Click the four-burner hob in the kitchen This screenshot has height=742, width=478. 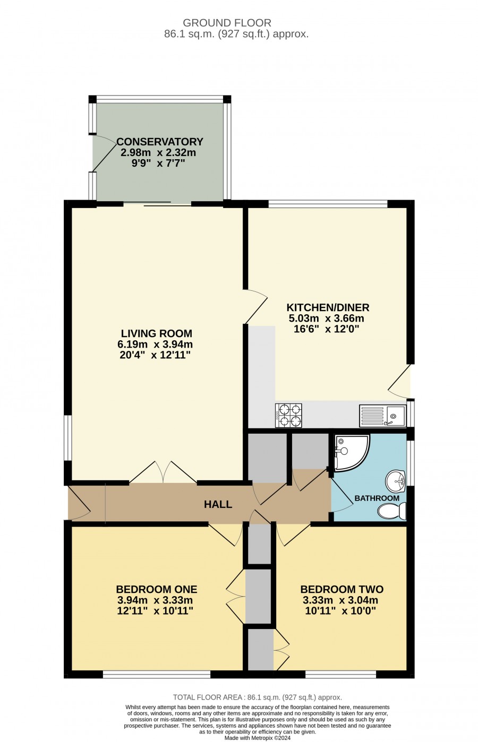pyautogui.click(x=288, y=415)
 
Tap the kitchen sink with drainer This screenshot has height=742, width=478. pyautogui.click(x=382, y=416)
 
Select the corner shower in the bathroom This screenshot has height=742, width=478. pyautogui.click(x=352, y=453)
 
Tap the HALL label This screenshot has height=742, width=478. pyautogui.click(x=218, y=505)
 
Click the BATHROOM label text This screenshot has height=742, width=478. pyautogui.click(x=377, y=498)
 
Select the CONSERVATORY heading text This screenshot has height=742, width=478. pyautogui.click(x=159, y=141)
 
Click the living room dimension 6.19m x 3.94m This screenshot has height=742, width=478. pyautogui.click(x=155, y=344)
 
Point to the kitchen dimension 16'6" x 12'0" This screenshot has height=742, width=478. pyautogui.click(x=327, y=329)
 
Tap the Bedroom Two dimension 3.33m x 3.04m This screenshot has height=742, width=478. pyautogui.click(x=340, y=600)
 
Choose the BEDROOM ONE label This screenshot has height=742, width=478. pyautogui.click(x=157, y=589)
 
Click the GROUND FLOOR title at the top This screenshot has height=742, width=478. pyautogui.click(x=227, y=23)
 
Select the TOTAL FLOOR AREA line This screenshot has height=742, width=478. pyautogui.click(x=257, y=695)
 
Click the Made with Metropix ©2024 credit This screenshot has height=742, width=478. pyautogui.click(x=257, y=738)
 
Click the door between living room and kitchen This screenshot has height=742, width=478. pyautogui.click(x=255, y=306)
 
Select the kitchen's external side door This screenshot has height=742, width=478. pyautogui.click(x=399, y=381)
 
